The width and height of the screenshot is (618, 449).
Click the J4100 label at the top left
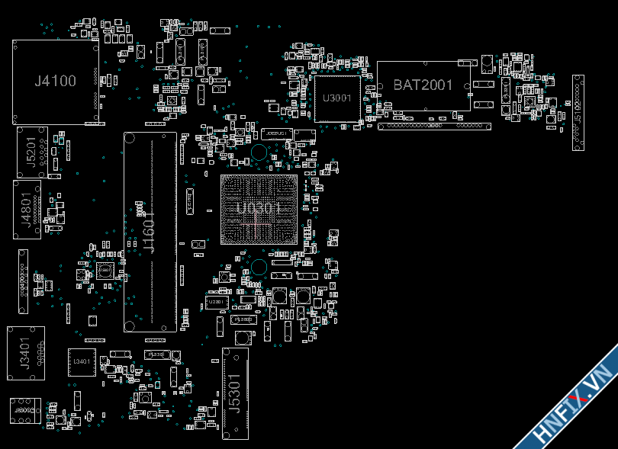55,81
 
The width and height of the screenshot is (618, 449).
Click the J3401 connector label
25,353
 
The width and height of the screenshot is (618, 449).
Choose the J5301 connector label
235,393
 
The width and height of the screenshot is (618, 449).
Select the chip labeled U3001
336,98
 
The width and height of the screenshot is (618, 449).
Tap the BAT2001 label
423,85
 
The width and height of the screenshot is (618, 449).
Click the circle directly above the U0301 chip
259,152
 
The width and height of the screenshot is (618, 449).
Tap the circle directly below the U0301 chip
259,267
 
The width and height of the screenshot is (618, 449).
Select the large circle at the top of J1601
130,138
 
